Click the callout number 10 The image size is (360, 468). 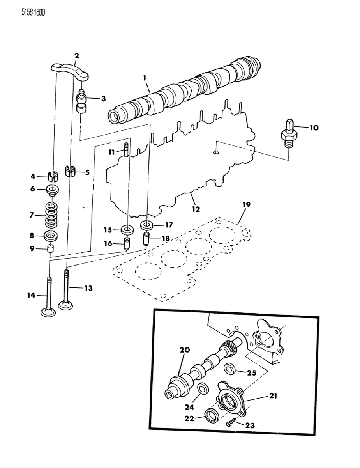point(314,128)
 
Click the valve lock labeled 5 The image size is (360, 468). point(71,171)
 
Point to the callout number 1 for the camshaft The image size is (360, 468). point(145,78)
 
